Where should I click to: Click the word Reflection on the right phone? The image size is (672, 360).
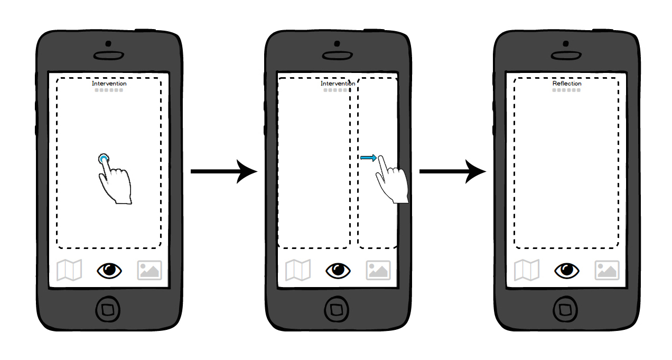[567, 84]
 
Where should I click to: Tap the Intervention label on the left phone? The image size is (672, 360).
[109, 84]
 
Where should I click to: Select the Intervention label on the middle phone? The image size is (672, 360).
[338, 84]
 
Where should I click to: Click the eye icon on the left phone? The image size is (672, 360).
[109, 271]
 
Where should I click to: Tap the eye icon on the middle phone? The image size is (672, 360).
[338, 271]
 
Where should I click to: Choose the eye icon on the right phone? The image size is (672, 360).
[567, 271]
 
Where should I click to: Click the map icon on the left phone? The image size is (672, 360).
[69, 271]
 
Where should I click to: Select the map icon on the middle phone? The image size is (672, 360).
[298, 271]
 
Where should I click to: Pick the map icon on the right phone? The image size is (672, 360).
[527, 271]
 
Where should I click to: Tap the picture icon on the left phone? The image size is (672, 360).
[150, 271]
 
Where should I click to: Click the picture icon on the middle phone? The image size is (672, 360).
[378, 271]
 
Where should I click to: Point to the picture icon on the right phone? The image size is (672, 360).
[607, 271]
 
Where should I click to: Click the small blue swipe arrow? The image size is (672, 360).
[368, 158]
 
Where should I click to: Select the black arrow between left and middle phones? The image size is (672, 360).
[224, 171]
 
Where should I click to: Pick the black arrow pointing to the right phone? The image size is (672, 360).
[453, 171]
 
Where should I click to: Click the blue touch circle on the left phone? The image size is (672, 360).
[104, 159]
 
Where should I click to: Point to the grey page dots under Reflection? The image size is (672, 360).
[566, 90]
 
